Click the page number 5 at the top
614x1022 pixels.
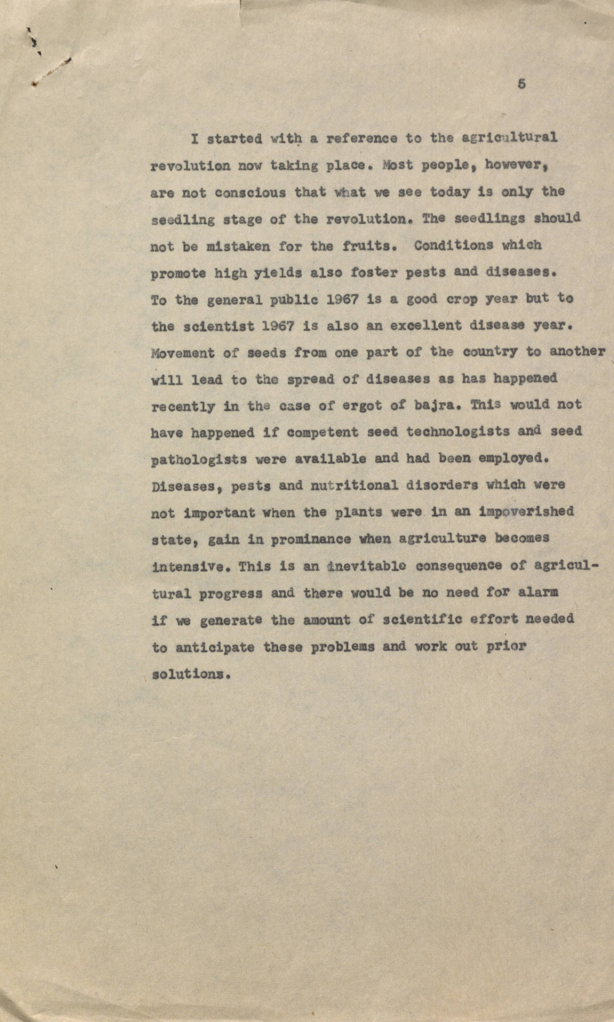pos(521,84)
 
